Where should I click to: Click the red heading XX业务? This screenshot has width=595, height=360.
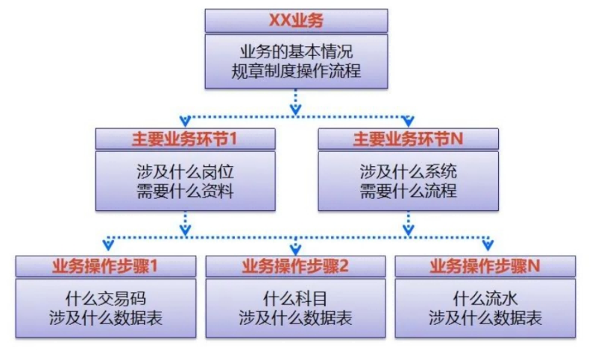(296, 21)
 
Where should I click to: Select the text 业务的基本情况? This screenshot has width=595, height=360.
(297, 53)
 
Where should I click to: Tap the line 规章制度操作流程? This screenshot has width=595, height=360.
(297, 73)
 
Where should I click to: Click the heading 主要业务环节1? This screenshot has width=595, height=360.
(185, 139)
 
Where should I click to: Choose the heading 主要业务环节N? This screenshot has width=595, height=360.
(408, 139)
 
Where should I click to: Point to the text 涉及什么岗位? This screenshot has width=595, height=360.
(185, 171)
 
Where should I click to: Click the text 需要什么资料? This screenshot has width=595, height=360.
(185, 192)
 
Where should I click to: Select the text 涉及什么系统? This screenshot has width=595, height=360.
(408, 171)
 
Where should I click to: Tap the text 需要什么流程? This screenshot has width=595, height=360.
(408, 192)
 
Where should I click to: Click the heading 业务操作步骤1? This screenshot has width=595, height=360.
(106, 267)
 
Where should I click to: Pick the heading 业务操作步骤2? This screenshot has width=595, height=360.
(296, 267)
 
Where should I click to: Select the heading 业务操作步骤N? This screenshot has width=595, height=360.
(485, 267)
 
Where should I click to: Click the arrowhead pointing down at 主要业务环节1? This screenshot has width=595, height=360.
(185, 121)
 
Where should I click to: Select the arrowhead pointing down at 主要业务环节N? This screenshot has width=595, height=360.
(408, 121)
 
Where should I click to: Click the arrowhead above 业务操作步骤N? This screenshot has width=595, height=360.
(488, 245)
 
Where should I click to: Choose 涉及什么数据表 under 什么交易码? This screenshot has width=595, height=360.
(106, 319)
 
